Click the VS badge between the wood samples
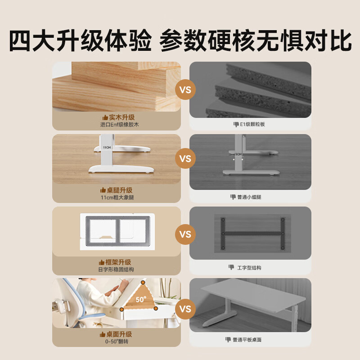coord(185,90)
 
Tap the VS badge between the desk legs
coord(185,158)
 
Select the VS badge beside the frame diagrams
coord(185,234)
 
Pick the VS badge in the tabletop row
coord(185,309)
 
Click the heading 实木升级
coord(121,117)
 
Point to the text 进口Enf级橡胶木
coord(119,125)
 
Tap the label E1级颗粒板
coord(252,124)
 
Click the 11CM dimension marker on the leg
coord(107,148)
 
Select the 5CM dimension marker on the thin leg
coord(238,154)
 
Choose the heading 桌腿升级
coord(120,190)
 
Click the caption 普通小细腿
coord(249,197)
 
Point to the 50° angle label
coord(141,299)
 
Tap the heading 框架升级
coord(118,262)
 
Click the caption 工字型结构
coord(249,268)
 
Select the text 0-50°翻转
coord(117,342)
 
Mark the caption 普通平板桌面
coord(247,340)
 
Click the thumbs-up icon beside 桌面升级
coord(103,334)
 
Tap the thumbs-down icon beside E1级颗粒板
coord(236,125)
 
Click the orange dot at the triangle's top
coord(143,283)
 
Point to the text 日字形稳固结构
coord(116,269)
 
